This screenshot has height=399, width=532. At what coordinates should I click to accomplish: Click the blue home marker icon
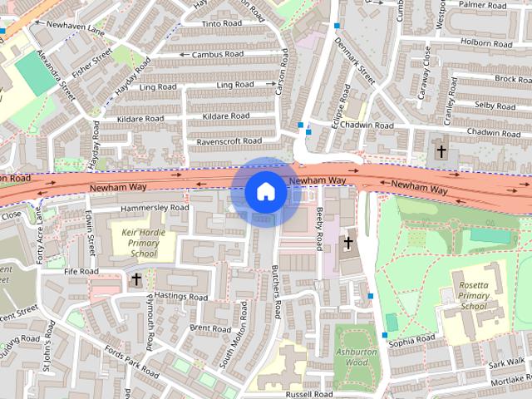(265, 192)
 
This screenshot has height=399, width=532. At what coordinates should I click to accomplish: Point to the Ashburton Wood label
(356, 357)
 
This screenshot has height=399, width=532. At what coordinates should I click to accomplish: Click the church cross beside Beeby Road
(347, 244)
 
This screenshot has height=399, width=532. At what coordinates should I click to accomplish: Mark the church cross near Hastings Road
(136, 281)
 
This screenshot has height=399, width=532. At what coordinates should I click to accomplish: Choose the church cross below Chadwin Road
(441, 152)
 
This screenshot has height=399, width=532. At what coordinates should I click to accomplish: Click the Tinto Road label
(220, 23)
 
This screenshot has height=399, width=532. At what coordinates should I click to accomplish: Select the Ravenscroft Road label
(229, 142)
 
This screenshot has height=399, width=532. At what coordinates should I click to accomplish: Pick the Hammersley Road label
(155, 207)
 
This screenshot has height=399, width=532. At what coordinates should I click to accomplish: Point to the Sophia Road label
(411, 340)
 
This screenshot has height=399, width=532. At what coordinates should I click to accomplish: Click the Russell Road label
(308, 393)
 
